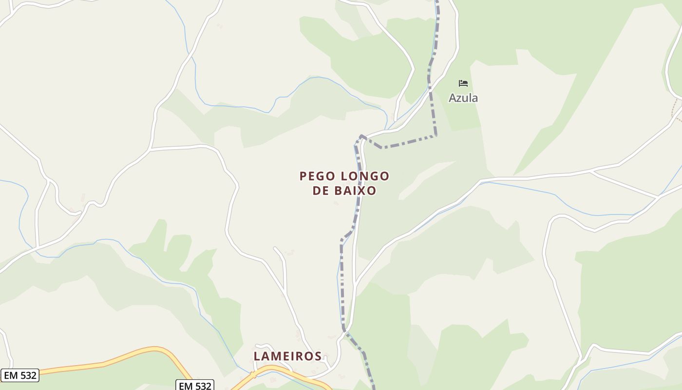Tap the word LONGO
pyautogui.click(x=365, y=176)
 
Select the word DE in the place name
pyautogui.click(x=321, y=191)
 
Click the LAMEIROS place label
pyautogui.click(x=288, y=356)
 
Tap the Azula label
pyautogui.click(x=463, y=98)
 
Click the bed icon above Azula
pyautogui.click(x=463, y=83)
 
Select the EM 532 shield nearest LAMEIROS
pyautogui.click(x=195, y=386)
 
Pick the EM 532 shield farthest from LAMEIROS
pyautogui.click(x=19, y=375)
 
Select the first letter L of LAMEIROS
pyautogui.click(x=257, y=356)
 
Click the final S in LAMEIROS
pyautogui.click(x=318, y=356)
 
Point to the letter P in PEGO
pyautogui.click(x=303, y=176)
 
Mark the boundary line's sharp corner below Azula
pyautogui.click(x=436, y=135)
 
